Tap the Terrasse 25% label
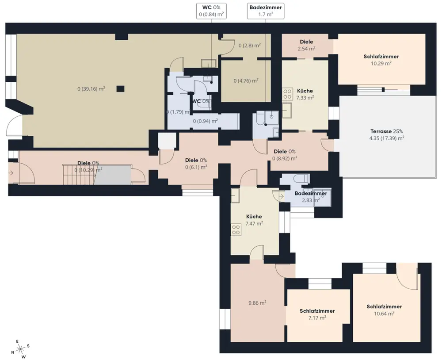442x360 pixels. [x=386, y=134]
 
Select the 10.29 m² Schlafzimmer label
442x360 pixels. [x=381, y=60]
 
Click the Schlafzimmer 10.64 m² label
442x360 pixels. [x=384, y=310]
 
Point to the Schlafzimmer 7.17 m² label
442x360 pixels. [x=317, y=314]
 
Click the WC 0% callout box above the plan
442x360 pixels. [x=211, y=11]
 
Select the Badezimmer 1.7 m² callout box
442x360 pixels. [x=266, y=11]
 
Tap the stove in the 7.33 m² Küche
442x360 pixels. [x=287, y=94]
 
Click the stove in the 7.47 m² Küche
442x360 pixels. [x=236, y=230]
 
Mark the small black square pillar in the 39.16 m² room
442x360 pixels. [x=120, y=89]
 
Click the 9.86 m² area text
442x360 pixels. [x=257, y=303]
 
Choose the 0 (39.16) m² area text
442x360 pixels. [x=91, y=89]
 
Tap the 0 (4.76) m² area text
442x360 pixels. [x=246, y=80]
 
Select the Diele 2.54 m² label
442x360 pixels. [x=306, y=45]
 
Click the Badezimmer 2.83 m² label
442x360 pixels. [x=311, y=197]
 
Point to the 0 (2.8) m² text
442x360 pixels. [x=249, y=45]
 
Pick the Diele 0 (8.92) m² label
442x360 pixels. [x=285, y=155]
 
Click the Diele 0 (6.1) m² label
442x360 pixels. [x=196, y=164]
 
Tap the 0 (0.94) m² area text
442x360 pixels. [x=205, y=121]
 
